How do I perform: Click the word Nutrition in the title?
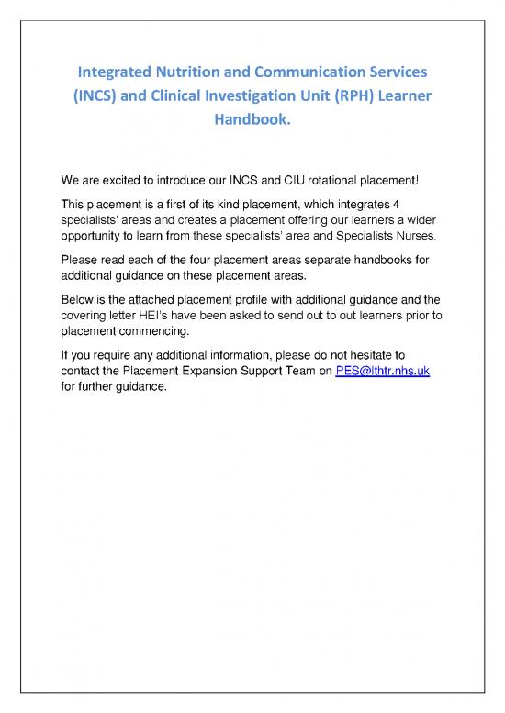[x=187, y=71]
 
